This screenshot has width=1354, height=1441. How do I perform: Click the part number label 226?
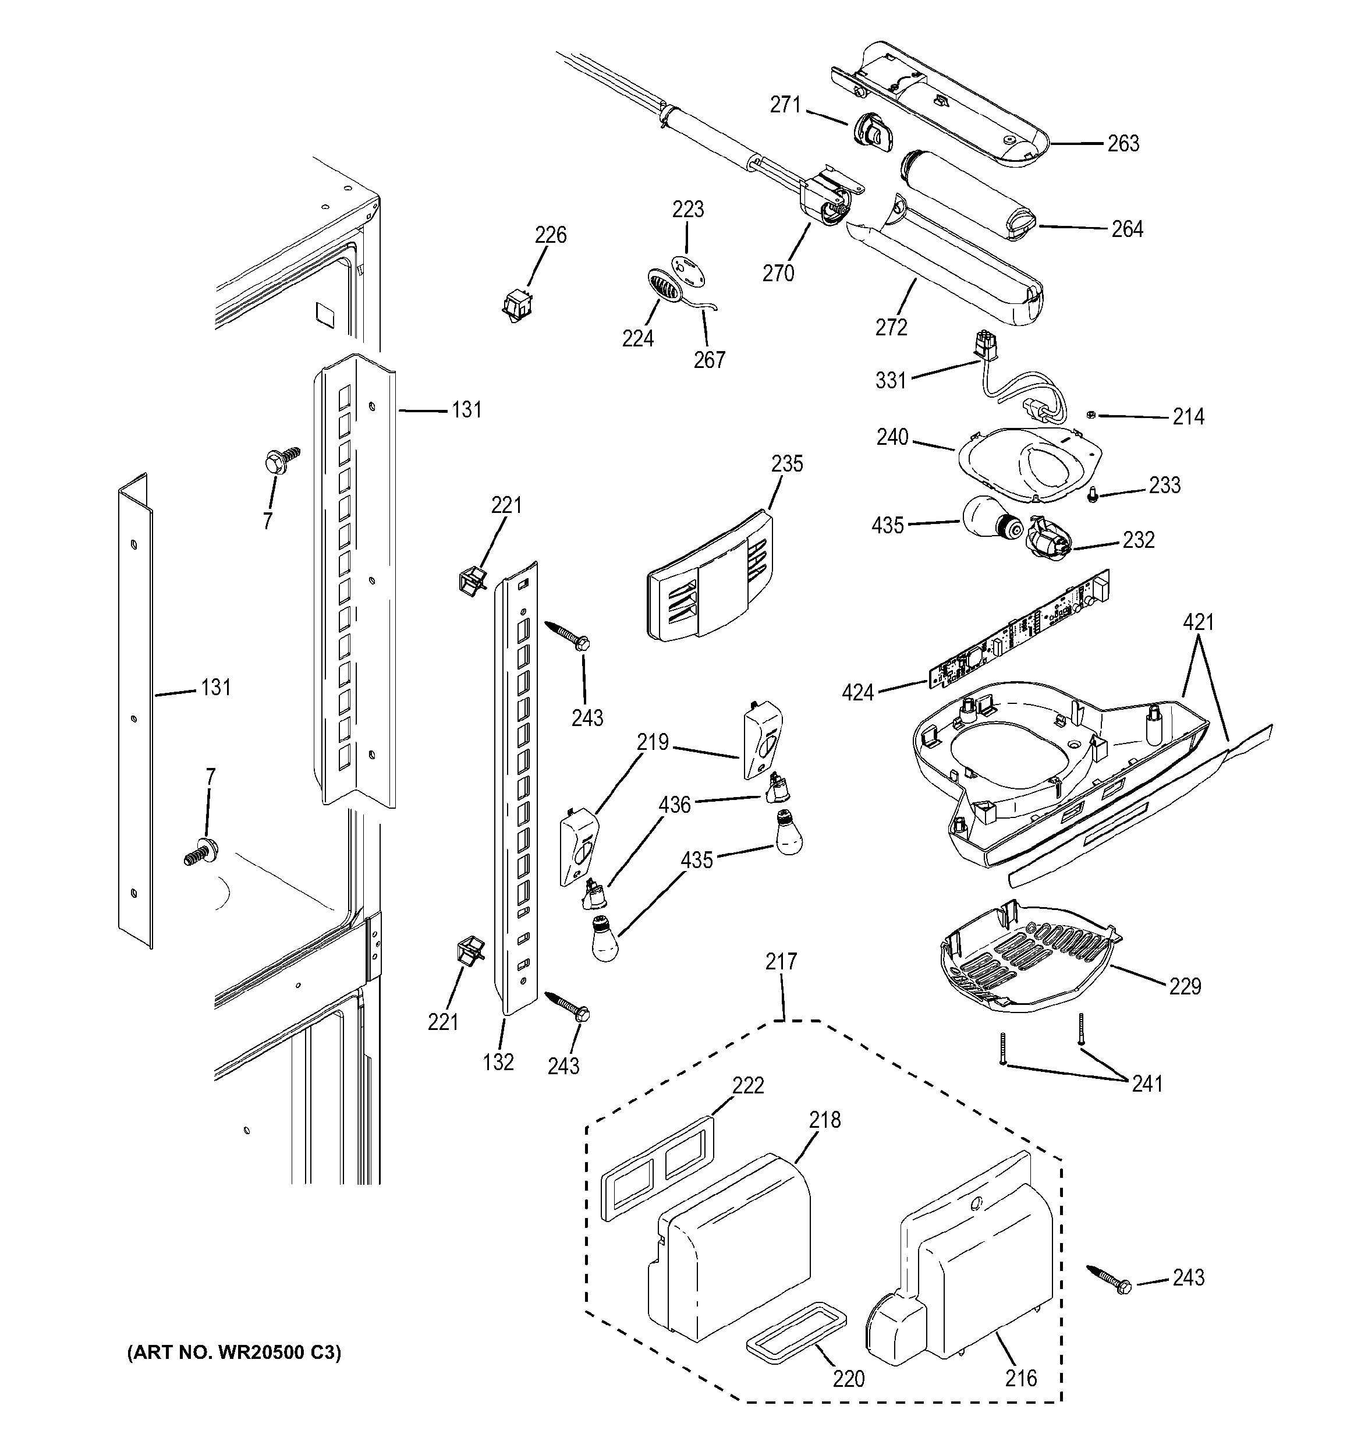coord(550,235)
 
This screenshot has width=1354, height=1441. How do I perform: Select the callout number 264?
coord(1127,229)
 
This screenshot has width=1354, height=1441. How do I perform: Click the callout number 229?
coord(1185,986)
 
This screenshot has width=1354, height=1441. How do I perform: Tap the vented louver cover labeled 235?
coord(710,578)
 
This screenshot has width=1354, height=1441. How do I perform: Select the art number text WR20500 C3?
coord(233,1352)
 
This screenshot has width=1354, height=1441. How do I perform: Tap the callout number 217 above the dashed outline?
coord(781,961)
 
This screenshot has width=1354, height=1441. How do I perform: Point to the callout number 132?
coord(499,1061)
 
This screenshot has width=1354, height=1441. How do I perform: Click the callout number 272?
coord(891,328)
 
